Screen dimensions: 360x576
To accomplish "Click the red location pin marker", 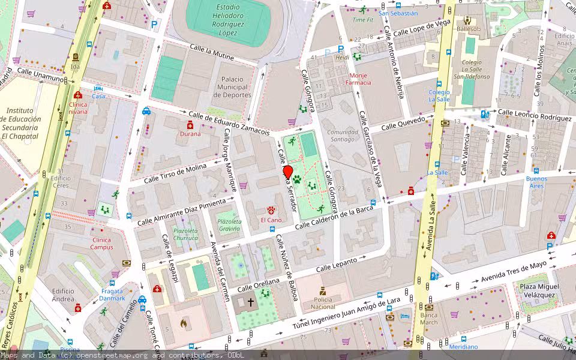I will point(287,173).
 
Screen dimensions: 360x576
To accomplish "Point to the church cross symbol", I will point(250,302).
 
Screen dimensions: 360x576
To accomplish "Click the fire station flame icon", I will point(183,323).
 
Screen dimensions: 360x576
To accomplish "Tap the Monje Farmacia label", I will point(360,79).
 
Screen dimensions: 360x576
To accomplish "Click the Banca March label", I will point(429,319).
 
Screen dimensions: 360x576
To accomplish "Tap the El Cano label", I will point(271,220).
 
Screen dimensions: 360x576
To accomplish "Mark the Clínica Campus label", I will point(101,243).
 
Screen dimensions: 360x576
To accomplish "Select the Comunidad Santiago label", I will point(343,136).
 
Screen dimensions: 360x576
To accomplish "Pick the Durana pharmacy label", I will point(190,134).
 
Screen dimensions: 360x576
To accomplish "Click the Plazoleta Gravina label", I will point(229,225).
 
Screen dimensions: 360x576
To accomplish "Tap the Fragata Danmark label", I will point(112,295).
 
